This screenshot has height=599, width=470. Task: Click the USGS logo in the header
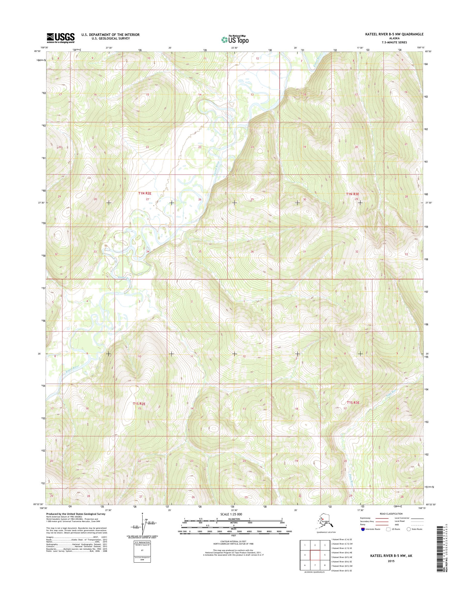pyautogui.click(x=60, y=38)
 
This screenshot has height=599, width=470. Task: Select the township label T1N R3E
pyautogui.click(x=353, y=194)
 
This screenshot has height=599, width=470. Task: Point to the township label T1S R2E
pyautogui.click(x=139, y=404)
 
